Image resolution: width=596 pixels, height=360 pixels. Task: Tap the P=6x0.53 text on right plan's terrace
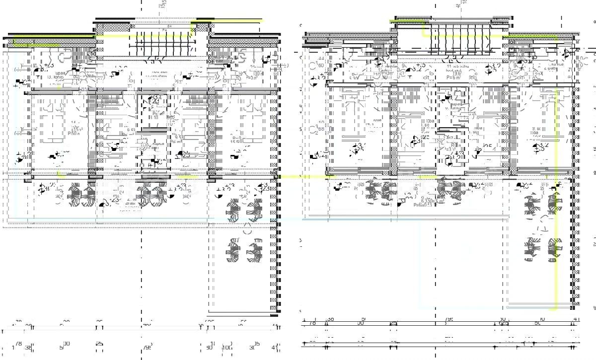[x=422, y=204]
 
